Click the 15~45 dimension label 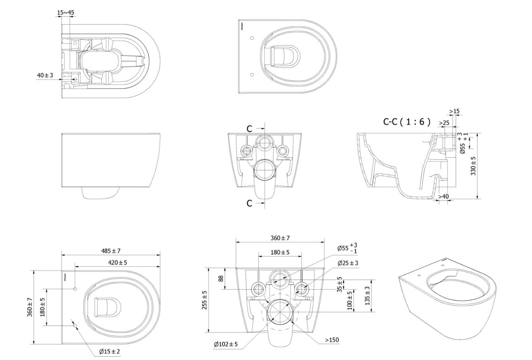pos(65,12)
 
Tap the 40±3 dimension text pos(45,75)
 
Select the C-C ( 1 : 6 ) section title pos(407,122)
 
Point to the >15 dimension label pos(454,111)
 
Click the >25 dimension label pos(444,123)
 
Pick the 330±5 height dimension pos(474,166)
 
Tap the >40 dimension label pos(443,196)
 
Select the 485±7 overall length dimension pos(111,251)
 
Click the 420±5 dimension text pos(117,262)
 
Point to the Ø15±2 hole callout pos(109,352)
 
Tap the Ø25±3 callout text pos(348,263)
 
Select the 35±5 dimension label pos(339,284)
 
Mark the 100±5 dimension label pos(350,300)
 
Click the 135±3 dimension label pos(367,296)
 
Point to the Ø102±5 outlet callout pos(226,344)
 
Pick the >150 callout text pos(332,340)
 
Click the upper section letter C pos(249,129)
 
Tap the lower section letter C pos(249,203)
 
